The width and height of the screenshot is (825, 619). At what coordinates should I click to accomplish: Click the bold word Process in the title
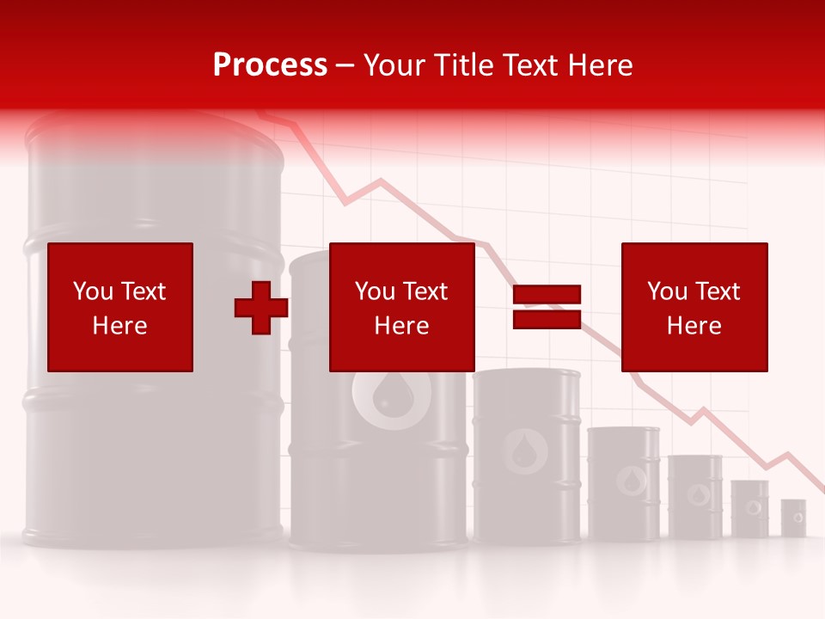tap(270, 65)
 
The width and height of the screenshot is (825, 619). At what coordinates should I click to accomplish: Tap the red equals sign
tap(547, 308)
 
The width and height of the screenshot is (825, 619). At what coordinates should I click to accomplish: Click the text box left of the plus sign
tap(119, 308)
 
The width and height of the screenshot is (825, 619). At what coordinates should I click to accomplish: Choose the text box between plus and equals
tap(401, 308)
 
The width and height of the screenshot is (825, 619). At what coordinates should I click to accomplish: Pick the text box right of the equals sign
tap(694, 308)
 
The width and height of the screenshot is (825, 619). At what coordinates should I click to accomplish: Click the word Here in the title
tap(601, 65)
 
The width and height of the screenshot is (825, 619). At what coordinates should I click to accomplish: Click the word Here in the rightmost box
tap(694, 326)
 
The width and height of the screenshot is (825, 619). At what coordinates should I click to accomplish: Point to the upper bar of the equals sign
tap(547, 295)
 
